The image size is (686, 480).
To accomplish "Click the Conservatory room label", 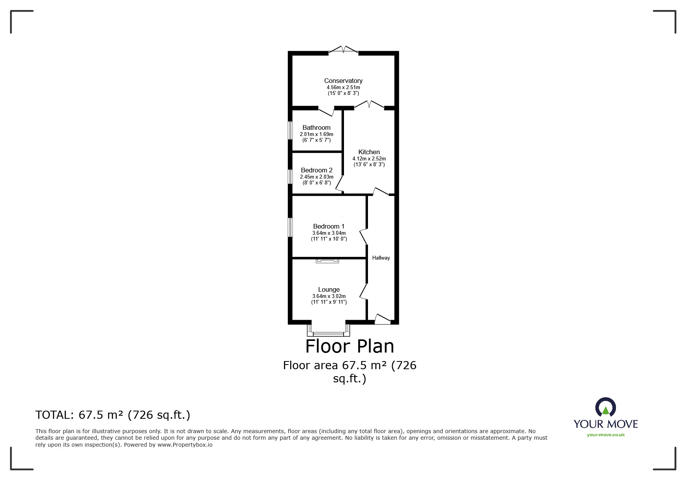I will pyautogui.click(x=343, y=81).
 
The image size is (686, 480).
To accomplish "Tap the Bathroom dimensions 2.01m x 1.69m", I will pyautogui.click(x=316, y=134).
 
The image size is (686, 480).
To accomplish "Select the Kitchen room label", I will pyautogui.click(x=369, y=152).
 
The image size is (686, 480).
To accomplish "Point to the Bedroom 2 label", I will pyautogui.click(x=316, y=170).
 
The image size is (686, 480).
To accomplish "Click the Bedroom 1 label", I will pyautogui.click(x=329, y=226).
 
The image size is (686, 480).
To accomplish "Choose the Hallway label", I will pyautogui.click(x=381, y=258).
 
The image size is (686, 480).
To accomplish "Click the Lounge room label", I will pyautogui.click(x=329, y=289).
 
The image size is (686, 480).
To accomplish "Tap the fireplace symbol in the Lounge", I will pyautogui.click(x=327, y=261).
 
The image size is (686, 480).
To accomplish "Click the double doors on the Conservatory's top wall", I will pyautogui.click(x=344, y=50).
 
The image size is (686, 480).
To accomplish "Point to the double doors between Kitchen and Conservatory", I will pyautogui.click(x=370, y=105).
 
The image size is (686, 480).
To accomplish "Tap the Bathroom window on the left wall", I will pyautogui.click(x=290, y=131).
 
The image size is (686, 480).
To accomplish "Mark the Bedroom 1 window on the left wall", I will pyautogui.click(x=290, y=227).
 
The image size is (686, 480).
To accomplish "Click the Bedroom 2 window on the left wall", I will pyautogui.click(x=290, y=176).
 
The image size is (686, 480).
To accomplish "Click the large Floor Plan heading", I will pyautogui.click(x=349, y=346).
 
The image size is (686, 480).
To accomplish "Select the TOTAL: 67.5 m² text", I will pyautogui.click(x=113, y=415).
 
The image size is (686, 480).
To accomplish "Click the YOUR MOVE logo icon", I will pyautogui.click(x=605, y=408).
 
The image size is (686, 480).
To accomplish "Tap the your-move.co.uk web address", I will pyautogui.click(x=605, y=435).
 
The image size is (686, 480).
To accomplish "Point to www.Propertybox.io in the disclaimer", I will pyautogui.click(x=185, y=445).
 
